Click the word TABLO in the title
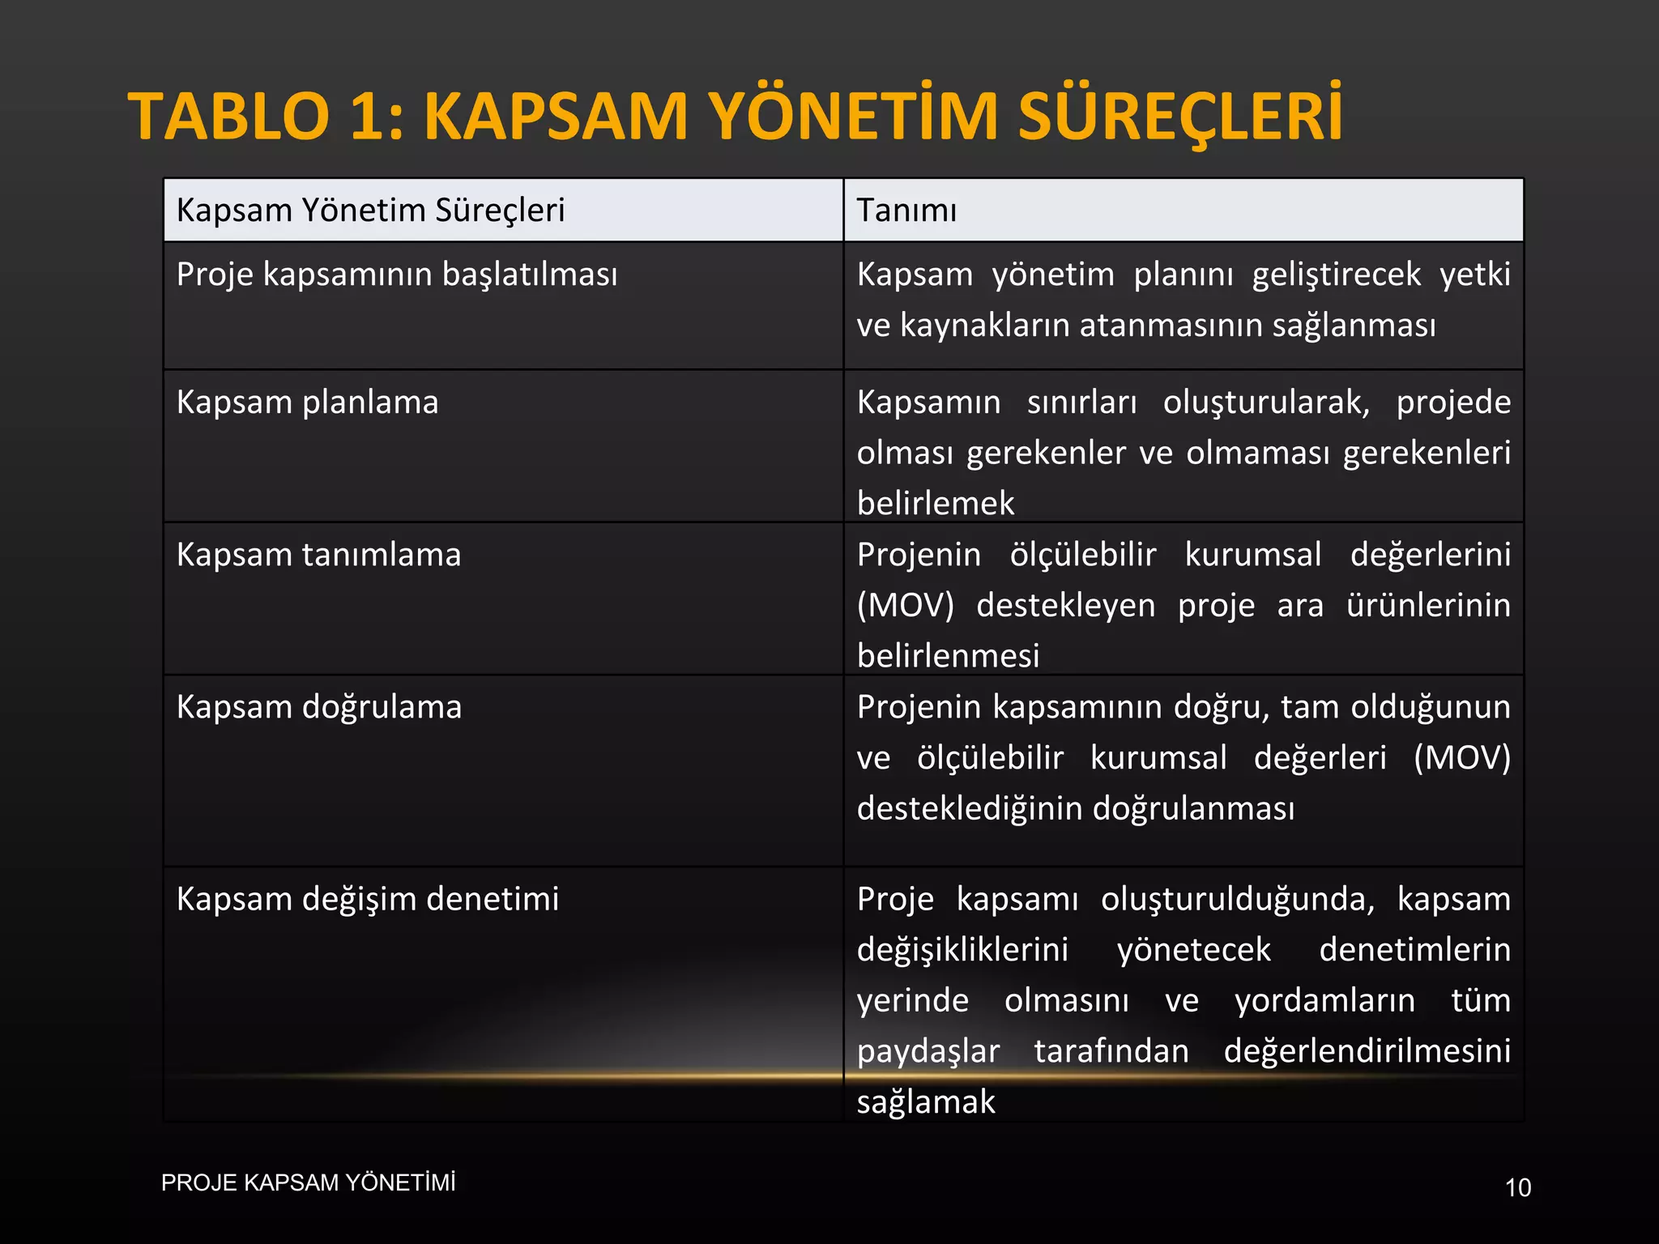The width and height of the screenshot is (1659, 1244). (x=228, y=117)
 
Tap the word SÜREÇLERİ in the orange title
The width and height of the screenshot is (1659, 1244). (x=1179, y=117)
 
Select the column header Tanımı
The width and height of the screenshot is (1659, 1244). (x=906, y=211)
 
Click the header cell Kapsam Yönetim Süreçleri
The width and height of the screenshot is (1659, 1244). (x=370, y=211)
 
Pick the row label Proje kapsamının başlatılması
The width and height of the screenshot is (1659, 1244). (x=397, y=275)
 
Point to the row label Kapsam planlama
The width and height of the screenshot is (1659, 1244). (x=307, y=403)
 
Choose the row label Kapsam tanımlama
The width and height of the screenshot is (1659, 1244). (x=318, y=555)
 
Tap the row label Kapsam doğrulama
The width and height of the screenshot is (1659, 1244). (x=319, y=707)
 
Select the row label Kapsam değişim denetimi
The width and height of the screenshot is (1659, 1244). (x=368, y=899)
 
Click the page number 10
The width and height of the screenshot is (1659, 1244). (x=1517, y=1188)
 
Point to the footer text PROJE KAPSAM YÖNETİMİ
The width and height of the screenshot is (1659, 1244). (x=308, y=1182)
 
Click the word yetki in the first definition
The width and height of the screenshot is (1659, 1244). (x=1474, y=275)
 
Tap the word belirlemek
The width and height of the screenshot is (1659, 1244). (x=935, y=504)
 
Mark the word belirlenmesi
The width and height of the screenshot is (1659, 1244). (x=948, y=656)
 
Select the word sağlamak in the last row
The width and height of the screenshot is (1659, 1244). (x=926, y=1102)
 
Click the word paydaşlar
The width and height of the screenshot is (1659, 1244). (x=928, y=1051)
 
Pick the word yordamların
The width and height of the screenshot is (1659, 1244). (x=1324, y=1001)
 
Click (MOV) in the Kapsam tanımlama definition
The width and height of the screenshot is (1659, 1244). (x=906, y=606)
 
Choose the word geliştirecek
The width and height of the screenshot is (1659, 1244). (x=1336, y=275)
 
